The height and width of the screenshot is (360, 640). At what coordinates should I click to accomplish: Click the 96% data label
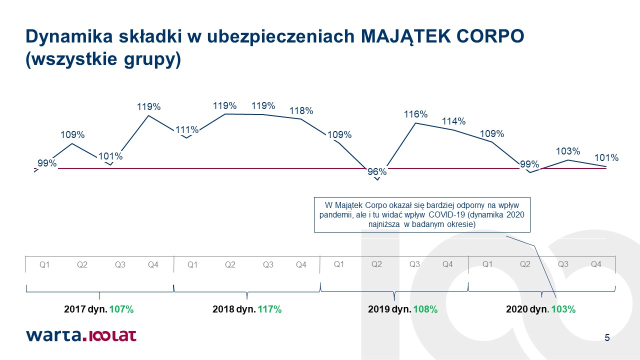pos(377,171)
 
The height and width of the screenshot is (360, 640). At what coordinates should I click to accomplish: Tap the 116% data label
pos(415,114)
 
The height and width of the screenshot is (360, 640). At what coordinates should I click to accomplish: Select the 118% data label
pos(301,111)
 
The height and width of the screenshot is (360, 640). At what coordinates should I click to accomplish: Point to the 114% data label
pos(453,121)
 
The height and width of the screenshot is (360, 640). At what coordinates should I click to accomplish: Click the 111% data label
pos(187,130)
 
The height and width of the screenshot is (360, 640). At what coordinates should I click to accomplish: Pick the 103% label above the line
pos(567,151)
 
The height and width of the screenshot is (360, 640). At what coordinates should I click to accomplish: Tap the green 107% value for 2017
pos(121,309)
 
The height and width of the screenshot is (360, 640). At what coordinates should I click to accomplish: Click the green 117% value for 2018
pos(269,309)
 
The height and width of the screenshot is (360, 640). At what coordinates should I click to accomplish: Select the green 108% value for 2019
pos(425,309)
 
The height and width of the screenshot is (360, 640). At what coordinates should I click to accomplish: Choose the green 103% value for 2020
pos(563,309)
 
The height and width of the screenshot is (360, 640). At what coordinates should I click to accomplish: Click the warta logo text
pos(54,335)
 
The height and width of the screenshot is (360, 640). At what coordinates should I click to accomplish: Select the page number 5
pos(607,337)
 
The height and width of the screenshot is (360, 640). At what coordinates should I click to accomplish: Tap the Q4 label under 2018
pos(301,265)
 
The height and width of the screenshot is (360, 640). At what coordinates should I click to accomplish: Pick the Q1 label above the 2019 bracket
pos(339,264)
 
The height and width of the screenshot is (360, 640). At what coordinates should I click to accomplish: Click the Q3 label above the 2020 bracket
pos(563,264)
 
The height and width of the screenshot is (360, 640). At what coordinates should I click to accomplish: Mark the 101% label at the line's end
pos(606,157)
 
